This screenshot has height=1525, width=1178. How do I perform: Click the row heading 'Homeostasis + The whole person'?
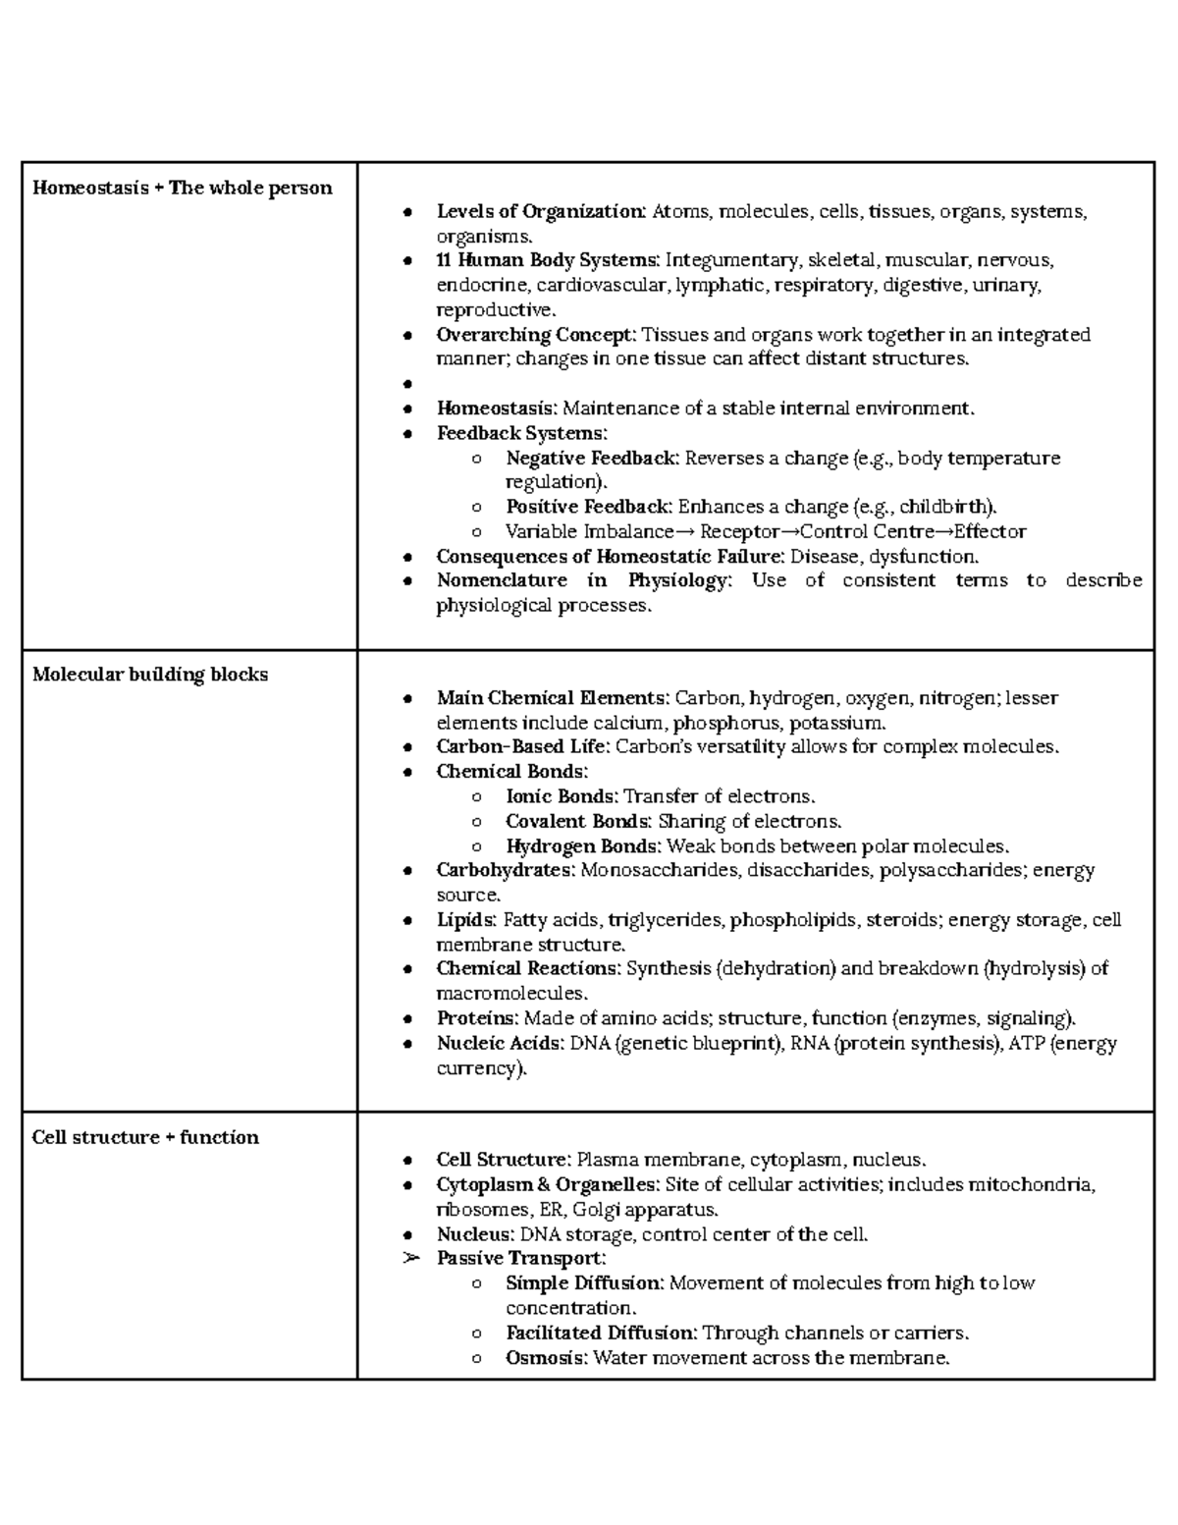[182, 188]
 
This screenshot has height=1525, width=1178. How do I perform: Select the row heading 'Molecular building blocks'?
[149, 675]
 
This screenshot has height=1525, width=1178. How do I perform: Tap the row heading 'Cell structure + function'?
[145, 1137]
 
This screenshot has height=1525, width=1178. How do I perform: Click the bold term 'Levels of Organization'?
[540, 211]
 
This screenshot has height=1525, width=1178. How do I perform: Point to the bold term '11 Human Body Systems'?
[547, 260]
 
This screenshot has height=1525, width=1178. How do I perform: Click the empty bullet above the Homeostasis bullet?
[407, 385]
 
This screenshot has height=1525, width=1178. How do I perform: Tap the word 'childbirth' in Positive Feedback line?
[945, 507]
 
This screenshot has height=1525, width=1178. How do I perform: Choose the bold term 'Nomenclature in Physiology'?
[583, 580]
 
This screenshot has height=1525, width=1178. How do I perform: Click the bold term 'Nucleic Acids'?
[499, 1043]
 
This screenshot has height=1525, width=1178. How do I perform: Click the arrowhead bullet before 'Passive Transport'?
[410, 1259]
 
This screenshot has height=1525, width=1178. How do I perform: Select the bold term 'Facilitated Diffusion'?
[601, 1333]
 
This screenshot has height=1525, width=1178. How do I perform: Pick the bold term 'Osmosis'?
[546, 1358]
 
